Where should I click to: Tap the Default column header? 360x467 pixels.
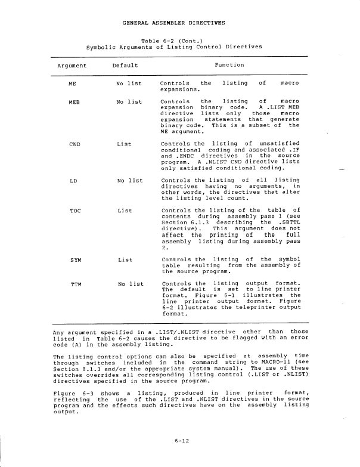click(125, 65)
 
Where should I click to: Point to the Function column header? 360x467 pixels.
click(229, 65)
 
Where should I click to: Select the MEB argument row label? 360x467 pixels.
click(75, 102)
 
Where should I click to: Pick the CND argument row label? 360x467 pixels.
click(75, 144)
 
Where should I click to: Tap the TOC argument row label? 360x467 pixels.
click(75, 211)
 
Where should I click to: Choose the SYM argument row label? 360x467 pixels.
click(75, 259)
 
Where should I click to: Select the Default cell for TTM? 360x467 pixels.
click(129, 284)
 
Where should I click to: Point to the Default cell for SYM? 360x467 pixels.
click(125, 259)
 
